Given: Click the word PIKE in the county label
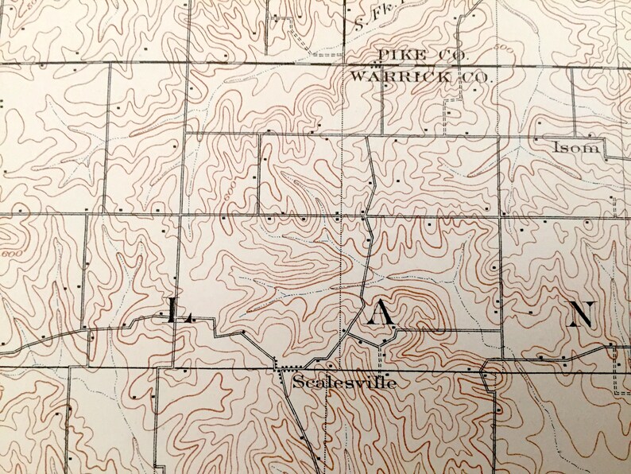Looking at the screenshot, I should point(399,54).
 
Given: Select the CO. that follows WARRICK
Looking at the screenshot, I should point(473,78).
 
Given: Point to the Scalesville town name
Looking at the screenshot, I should point(344,383).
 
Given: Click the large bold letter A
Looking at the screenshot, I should point(381,314).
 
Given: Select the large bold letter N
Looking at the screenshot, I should point(582,314).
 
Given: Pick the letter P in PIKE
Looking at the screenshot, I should point(384,54).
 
